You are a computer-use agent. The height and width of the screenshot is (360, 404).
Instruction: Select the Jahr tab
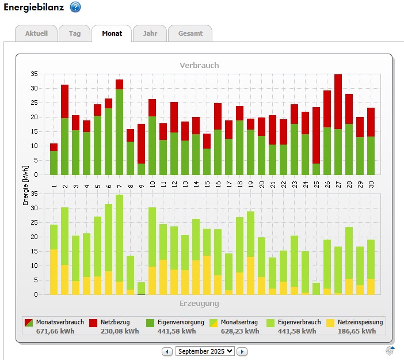pos(150,33)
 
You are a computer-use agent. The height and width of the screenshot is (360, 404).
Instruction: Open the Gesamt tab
pos(190,33)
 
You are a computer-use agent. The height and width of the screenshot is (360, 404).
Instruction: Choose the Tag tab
pos(75,33)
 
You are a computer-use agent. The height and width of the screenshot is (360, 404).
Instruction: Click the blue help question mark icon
pos(75,7)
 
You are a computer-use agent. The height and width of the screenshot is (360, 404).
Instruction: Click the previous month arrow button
pos(167,351)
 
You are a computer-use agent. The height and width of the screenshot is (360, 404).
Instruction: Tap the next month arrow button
pos(242,351)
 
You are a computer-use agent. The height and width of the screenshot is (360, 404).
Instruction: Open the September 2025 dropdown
pos(205,351)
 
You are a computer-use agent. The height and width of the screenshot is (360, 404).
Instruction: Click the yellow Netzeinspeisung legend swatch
pos(331,323)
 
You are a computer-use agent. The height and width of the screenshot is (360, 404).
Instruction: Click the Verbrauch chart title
pos(199,65)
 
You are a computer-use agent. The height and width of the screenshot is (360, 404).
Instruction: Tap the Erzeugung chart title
pos(199,303)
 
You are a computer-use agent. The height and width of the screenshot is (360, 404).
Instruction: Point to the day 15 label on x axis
pos(207,184)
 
